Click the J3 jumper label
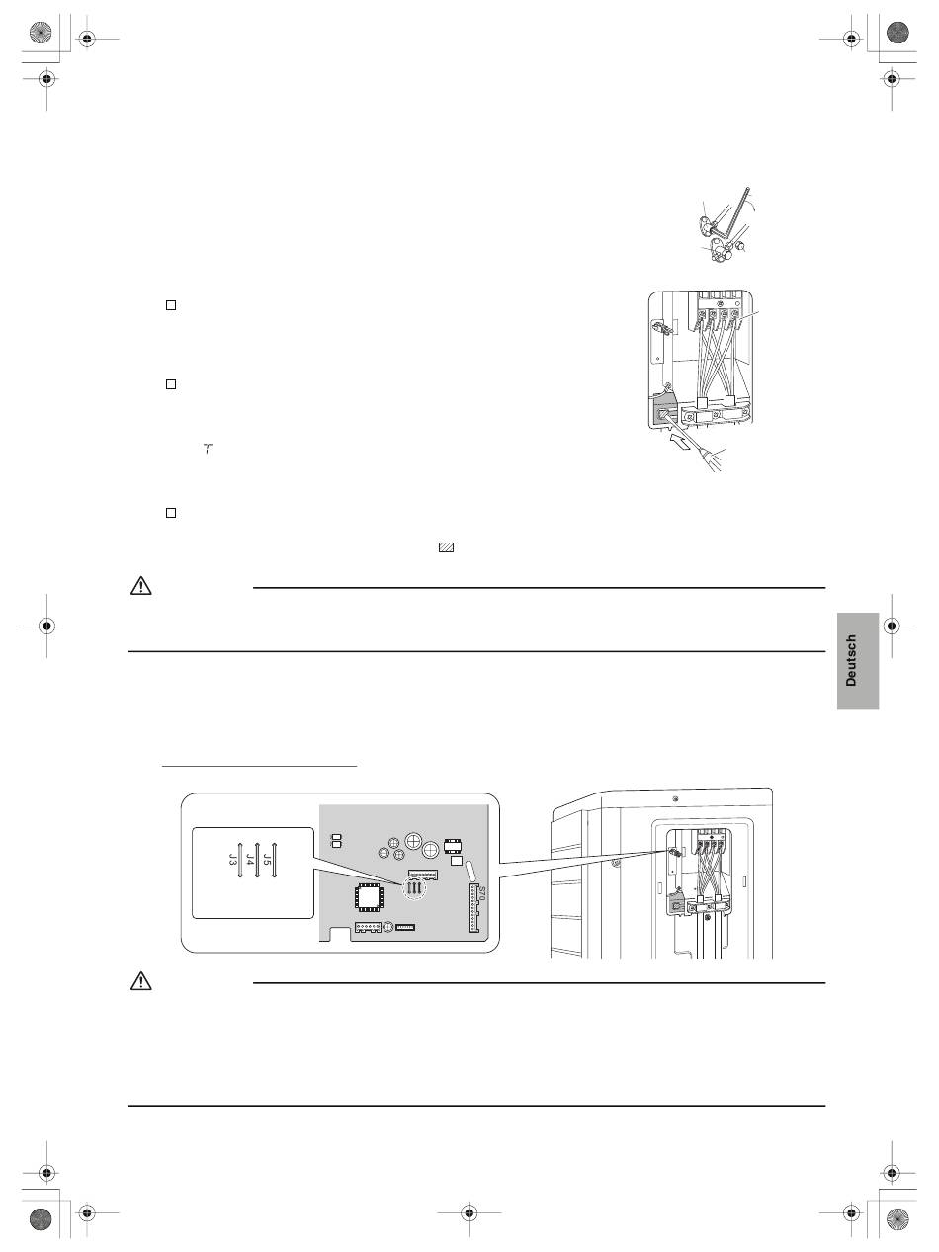[232, 859]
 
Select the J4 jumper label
[249, 859]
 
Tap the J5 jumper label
[267, 859]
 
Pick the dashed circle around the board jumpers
[415, 888]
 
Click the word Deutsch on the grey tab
[851, 660]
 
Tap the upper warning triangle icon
[141, 586]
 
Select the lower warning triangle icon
[141, 981]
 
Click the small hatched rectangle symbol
[446, 547]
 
